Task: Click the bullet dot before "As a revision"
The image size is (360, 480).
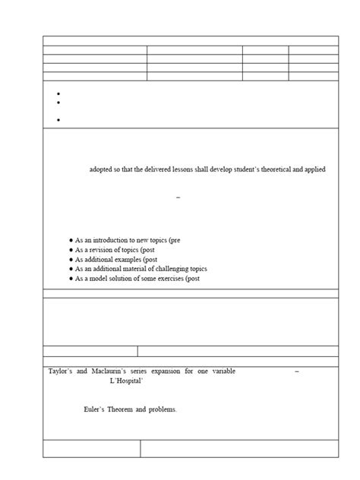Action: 71,250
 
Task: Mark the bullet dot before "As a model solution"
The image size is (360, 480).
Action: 71,279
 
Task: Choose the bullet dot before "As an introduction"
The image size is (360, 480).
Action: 71,240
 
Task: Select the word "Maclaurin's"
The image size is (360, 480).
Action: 117,371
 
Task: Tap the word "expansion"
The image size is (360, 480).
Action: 178,371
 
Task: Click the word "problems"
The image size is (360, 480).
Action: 163,409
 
